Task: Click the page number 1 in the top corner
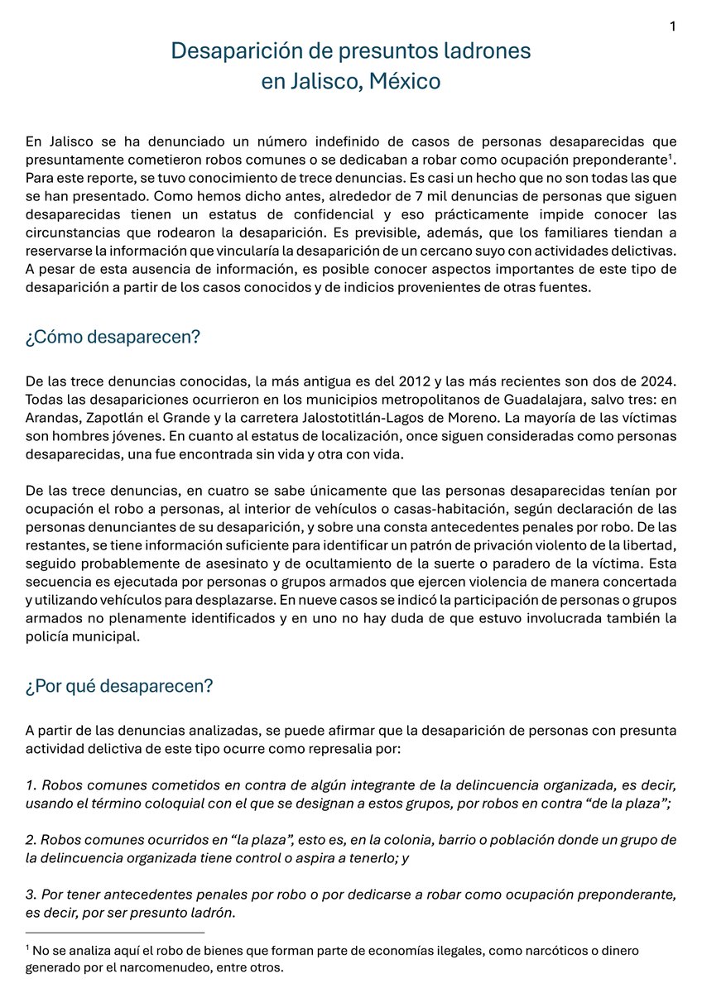[673, 26]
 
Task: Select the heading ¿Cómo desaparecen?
[113, 338]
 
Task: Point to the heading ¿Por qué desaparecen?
[120, 686]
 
